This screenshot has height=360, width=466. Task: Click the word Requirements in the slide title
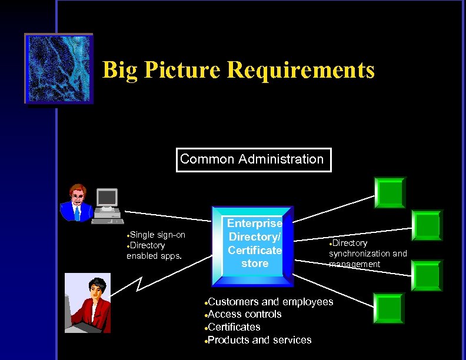(301, 70)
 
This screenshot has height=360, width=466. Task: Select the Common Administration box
(253, 159)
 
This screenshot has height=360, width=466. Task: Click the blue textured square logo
(58, 69)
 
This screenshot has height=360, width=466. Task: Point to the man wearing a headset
(76, 202)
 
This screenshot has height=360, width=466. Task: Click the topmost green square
(390, 192)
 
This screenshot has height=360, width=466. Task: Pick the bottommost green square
(388, 308)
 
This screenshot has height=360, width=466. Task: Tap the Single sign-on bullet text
(157, 235)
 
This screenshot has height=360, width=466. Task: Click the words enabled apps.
(154, 256)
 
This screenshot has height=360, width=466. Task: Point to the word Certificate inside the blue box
(255, 250)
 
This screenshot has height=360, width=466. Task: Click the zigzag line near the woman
(140, 285)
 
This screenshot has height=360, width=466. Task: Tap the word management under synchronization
(355, 264)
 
